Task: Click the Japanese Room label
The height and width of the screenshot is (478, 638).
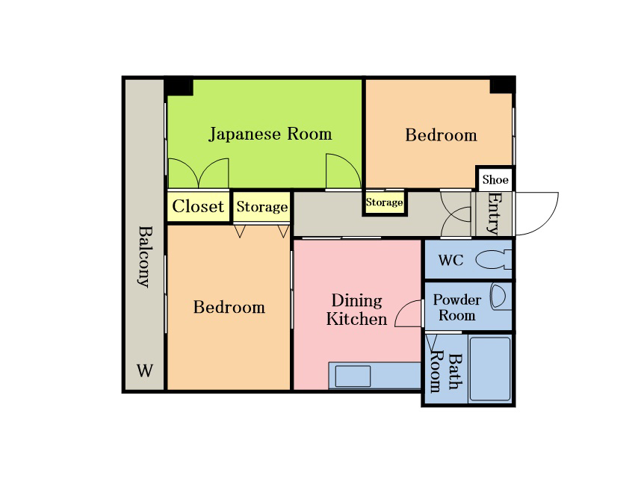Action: [x=270, y=134]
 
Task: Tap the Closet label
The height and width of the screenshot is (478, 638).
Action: [x=198, y=206]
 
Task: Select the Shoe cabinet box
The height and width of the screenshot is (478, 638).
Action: [x=495, y=179]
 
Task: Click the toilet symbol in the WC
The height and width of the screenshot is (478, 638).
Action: [x=494, y=260]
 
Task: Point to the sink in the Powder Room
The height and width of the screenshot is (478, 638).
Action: [x=501, y=297]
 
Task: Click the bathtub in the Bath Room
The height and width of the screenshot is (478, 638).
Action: [x=490, y=368]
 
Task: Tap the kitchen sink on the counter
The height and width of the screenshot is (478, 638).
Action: [x=353, y=376]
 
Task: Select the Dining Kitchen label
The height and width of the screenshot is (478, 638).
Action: [x=356, y=310]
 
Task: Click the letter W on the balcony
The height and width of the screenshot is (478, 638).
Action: [x=145, y=370]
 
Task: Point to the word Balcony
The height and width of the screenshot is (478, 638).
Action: [x=145, y=257]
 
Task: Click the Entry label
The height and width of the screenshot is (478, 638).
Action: [x=494, y=214]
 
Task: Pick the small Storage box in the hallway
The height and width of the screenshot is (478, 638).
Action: [x=385, y=202]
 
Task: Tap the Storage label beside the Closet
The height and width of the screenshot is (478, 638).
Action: [x=262, y=207]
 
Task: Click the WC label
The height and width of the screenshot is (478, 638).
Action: [x=450, y=260]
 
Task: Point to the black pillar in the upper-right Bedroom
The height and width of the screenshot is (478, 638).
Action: [x=503, y=85]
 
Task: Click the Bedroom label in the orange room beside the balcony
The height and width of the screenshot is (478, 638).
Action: [x=229, y=307]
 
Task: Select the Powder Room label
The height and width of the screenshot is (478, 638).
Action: [x=457, y=307]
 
